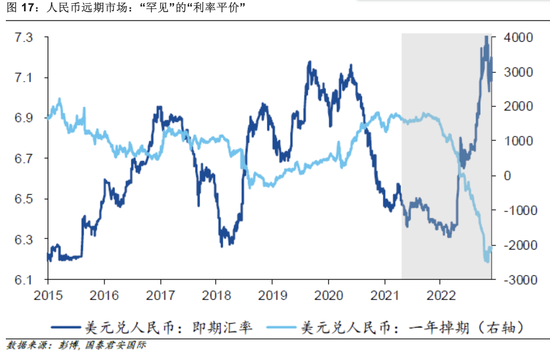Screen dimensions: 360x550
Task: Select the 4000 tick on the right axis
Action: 518,37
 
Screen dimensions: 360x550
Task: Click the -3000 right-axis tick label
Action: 520,280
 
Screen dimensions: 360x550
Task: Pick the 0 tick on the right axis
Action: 507,176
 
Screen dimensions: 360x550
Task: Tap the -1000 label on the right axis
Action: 520,210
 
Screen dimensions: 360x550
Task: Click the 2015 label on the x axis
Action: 48,295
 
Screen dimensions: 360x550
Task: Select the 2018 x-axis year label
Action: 216,295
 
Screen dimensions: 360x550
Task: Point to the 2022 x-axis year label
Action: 441,295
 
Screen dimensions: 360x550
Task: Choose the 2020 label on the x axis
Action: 328,295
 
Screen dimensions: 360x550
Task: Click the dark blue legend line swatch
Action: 66,327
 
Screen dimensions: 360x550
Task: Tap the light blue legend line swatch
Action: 281,327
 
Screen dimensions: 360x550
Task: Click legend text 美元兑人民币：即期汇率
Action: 168,328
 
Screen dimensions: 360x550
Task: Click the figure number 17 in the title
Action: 28,7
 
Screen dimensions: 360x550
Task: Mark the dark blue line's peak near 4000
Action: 486,37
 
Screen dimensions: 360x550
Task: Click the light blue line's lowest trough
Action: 487,261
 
